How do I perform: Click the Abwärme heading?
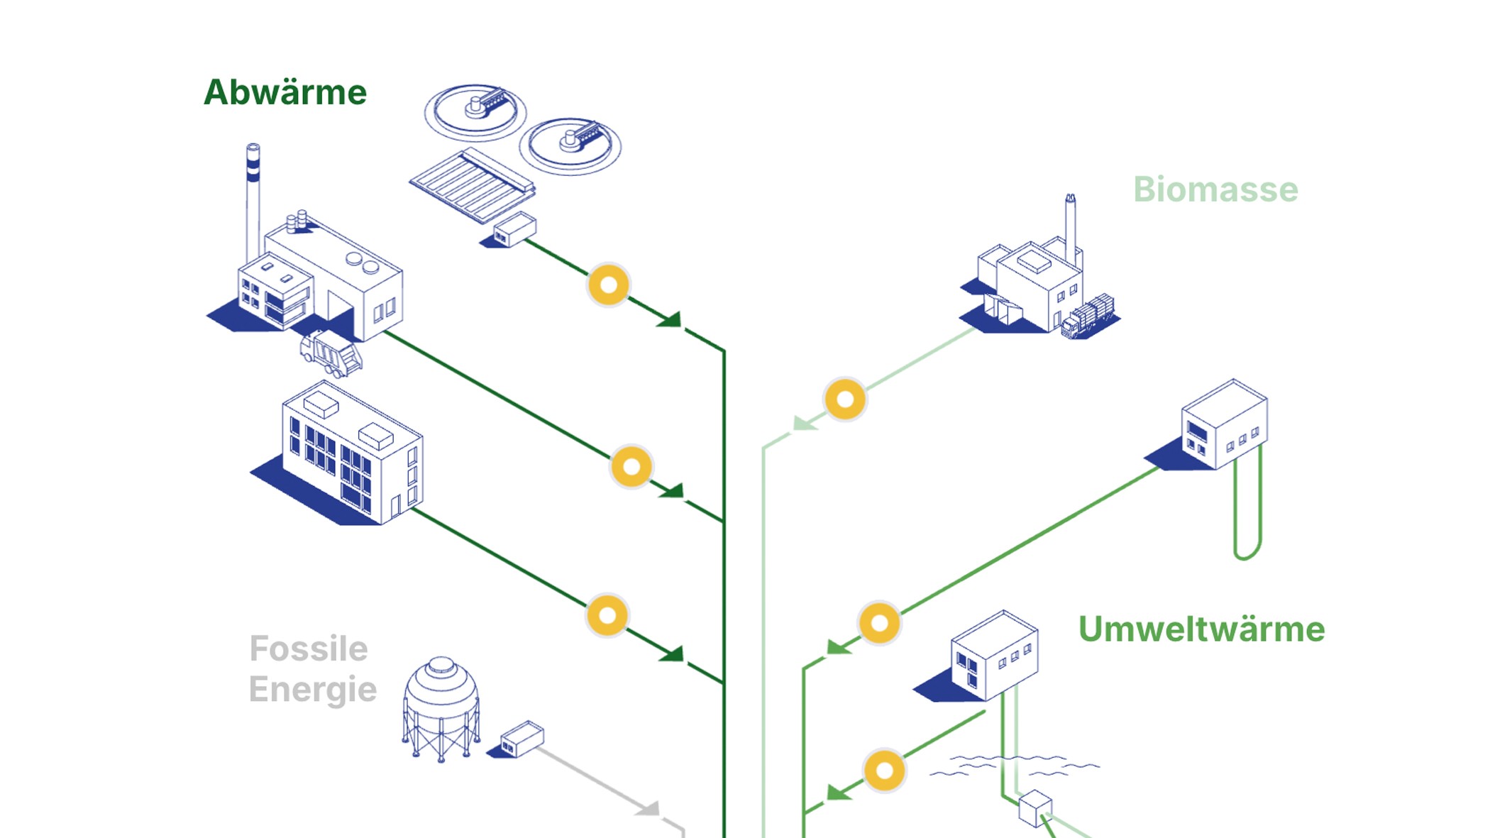point(285,93)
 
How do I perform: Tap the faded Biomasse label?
point(1215,190)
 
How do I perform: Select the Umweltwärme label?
point(1201,629)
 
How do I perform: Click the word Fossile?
point(309,649)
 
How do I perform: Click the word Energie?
point(312,690)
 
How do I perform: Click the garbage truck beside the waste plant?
point(331,353)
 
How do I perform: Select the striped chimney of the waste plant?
point(253,199)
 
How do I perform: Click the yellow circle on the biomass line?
point(845,399)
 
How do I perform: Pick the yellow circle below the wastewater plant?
point(608,285)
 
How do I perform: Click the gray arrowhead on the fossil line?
point(649,808)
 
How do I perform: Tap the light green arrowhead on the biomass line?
point(804,424)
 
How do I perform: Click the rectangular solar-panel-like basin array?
point(472,185)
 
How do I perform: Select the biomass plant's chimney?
point(1070,227)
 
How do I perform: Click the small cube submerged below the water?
point(1034,808)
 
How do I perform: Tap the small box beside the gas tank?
point(521,739)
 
